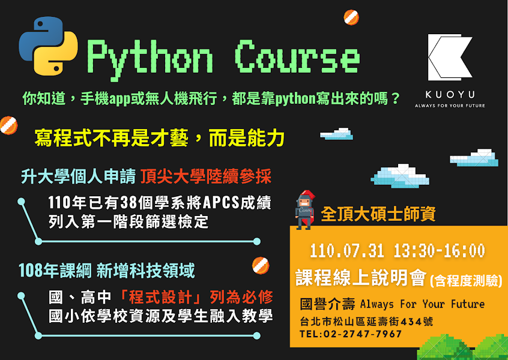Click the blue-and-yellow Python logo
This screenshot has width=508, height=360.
tap(48, 46)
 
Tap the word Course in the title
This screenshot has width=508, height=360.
tap(297, 57)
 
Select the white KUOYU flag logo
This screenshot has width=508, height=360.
tap(450, 58)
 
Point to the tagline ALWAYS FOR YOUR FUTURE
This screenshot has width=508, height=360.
tap(450, 106)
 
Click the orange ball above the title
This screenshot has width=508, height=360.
tap(351, 17)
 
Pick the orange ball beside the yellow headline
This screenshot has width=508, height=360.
tap(9, 125)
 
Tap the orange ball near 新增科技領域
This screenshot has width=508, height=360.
tap(261, 265)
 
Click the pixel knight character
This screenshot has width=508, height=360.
tap(305, 210)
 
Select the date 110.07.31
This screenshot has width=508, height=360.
tap(347, 251)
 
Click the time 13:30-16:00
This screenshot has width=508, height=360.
tap(440, 251)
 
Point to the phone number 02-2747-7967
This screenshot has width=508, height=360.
tap(363, 334)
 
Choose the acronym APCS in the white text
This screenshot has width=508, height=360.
tap(221, 203)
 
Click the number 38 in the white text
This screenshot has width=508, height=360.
tap(129, 203)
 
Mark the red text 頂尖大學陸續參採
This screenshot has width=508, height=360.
tap(206, 176)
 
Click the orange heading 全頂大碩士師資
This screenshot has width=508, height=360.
tap(378, 214)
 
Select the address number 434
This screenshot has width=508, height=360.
tap(411, 322)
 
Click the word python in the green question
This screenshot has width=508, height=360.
tap(295, 99)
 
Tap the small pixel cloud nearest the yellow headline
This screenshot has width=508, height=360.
tap(337, 134)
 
